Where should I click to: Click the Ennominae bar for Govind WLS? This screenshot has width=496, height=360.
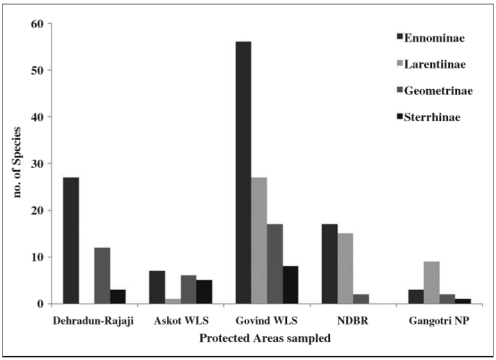coord(243,173)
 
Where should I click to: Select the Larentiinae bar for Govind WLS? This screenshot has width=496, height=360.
coord(259,241)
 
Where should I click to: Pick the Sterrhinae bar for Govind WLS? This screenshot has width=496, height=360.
coord(290,285)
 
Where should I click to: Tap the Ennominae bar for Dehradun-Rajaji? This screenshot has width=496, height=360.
coord(71,241)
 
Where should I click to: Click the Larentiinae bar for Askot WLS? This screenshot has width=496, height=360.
coord(173,301)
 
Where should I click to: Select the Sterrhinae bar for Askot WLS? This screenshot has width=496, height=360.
coord(204,292)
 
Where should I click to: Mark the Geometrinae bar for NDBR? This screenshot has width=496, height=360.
coord(361,299)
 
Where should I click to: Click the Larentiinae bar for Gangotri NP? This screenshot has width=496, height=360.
coord(431,282)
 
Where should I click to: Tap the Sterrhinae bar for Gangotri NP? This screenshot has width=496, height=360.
coord(463,301)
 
